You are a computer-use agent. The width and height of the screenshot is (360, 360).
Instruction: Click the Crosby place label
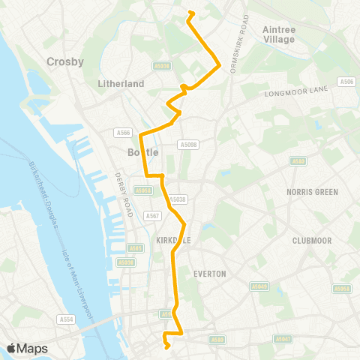[x=65, y=61]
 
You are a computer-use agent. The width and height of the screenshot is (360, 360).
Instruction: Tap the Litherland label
[x=121, y=84]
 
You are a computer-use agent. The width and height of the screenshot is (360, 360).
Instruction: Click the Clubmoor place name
[x=312, y=241]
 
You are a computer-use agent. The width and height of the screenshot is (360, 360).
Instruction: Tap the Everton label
[x=209, y=274]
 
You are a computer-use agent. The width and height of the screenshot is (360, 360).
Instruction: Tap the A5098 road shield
[x=188, y=143]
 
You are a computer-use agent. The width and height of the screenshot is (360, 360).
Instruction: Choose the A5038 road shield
[x=177, y=199]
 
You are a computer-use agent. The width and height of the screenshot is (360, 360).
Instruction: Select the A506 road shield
[x=346, y=82]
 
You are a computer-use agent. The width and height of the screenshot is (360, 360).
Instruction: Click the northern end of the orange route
[x=190, y=13]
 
